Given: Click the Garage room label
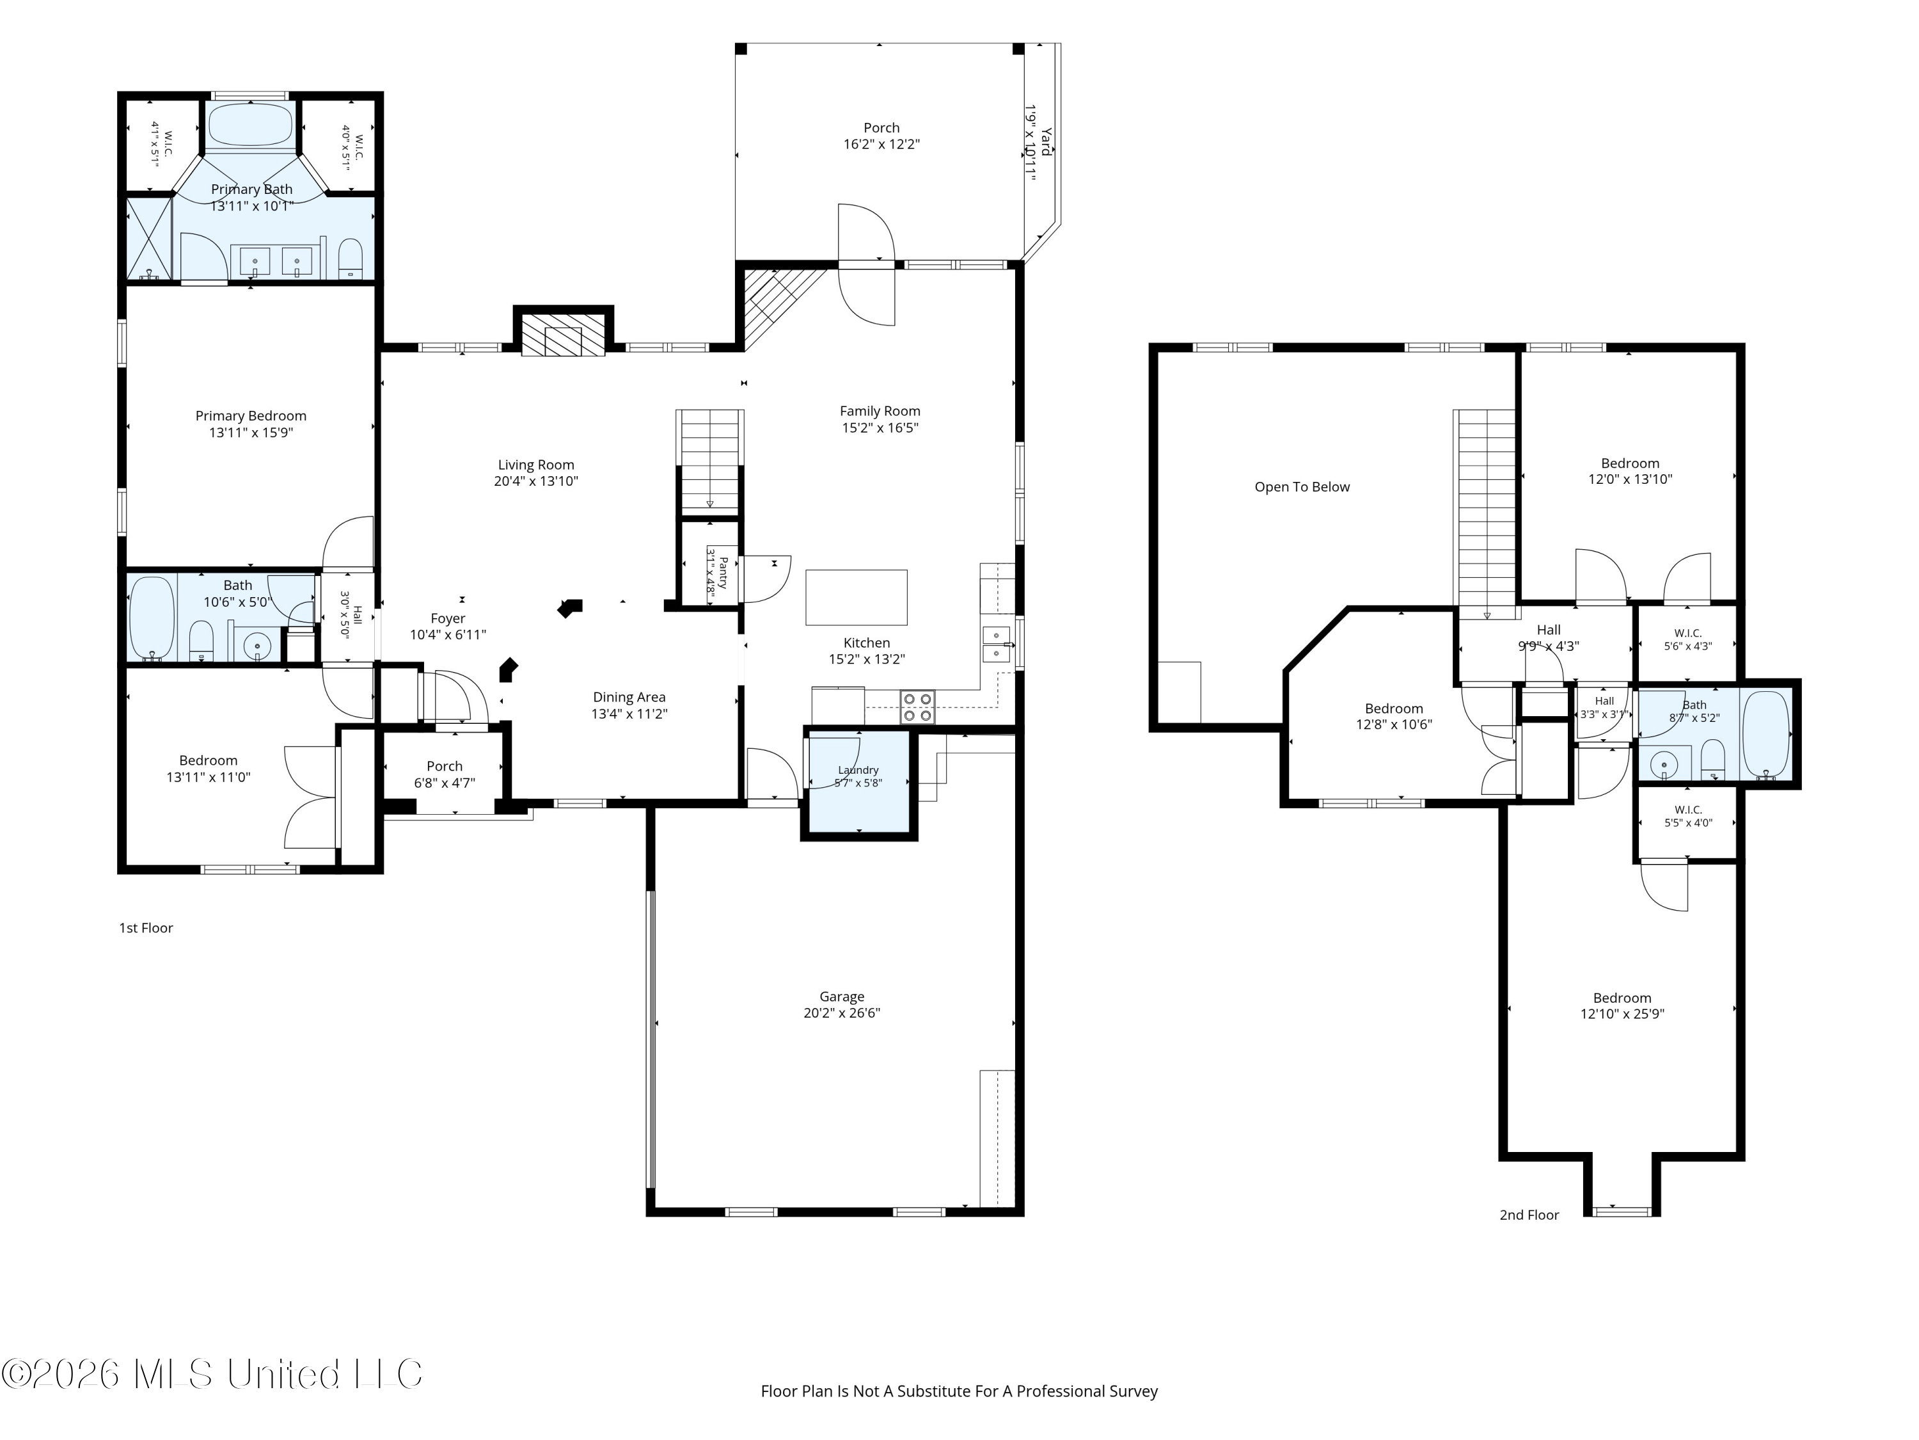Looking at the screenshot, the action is click(x=842, y=996).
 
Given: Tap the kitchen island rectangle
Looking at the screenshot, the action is click(x=857, y=597).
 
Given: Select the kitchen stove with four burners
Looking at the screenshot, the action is click(x=917, y=707).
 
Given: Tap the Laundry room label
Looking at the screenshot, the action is click(x=858, y=770).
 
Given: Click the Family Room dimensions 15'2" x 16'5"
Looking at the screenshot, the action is click(x=880, y=427).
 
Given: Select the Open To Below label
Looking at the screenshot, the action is click(x=1302, y=487).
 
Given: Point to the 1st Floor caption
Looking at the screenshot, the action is click(x=146, y=928).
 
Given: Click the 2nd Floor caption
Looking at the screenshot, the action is click(x=1529, y=1215).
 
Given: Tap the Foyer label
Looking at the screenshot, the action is click(x=448, y=619).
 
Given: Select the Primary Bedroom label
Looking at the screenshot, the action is click(x=251, y=416).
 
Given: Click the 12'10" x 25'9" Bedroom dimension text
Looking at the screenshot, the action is click(x=1622, y=1014).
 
